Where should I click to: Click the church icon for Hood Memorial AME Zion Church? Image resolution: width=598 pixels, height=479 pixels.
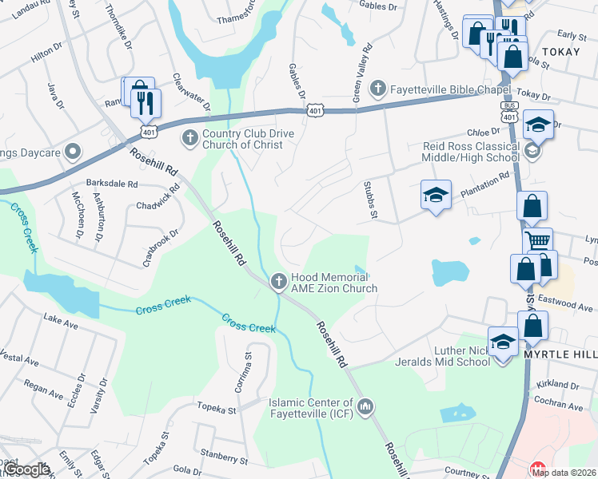click(x=278, y=280)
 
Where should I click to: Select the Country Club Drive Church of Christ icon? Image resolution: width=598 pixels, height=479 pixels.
click(x=190, y=137)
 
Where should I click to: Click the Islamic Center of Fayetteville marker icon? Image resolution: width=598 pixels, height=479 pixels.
click(x=365, y=408)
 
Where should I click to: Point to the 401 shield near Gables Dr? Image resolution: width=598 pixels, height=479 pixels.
click(x=315, y=111)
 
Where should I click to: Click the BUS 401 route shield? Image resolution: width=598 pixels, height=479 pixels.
click(x=507, y=111)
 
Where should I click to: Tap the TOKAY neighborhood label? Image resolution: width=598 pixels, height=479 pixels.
click(x=560, y=51)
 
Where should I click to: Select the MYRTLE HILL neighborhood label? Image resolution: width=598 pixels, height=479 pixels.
click(x=557, y=354)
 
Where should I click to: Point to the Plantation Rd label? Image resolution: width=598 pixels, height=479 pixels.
click(x=484, y=185)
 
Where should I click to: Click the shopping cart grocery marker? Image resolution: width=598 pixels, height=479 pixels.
click(x=537, y=239)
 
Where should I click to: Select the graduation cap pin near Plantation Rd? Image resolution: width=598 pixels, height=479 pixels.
click(x=435, y=195)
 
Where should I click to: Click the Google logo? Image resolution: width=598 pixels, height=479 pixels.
click(x=26, y=469)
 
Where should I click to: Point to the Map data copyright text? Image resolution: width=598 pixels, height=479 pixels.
click(x=564, y=473)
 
